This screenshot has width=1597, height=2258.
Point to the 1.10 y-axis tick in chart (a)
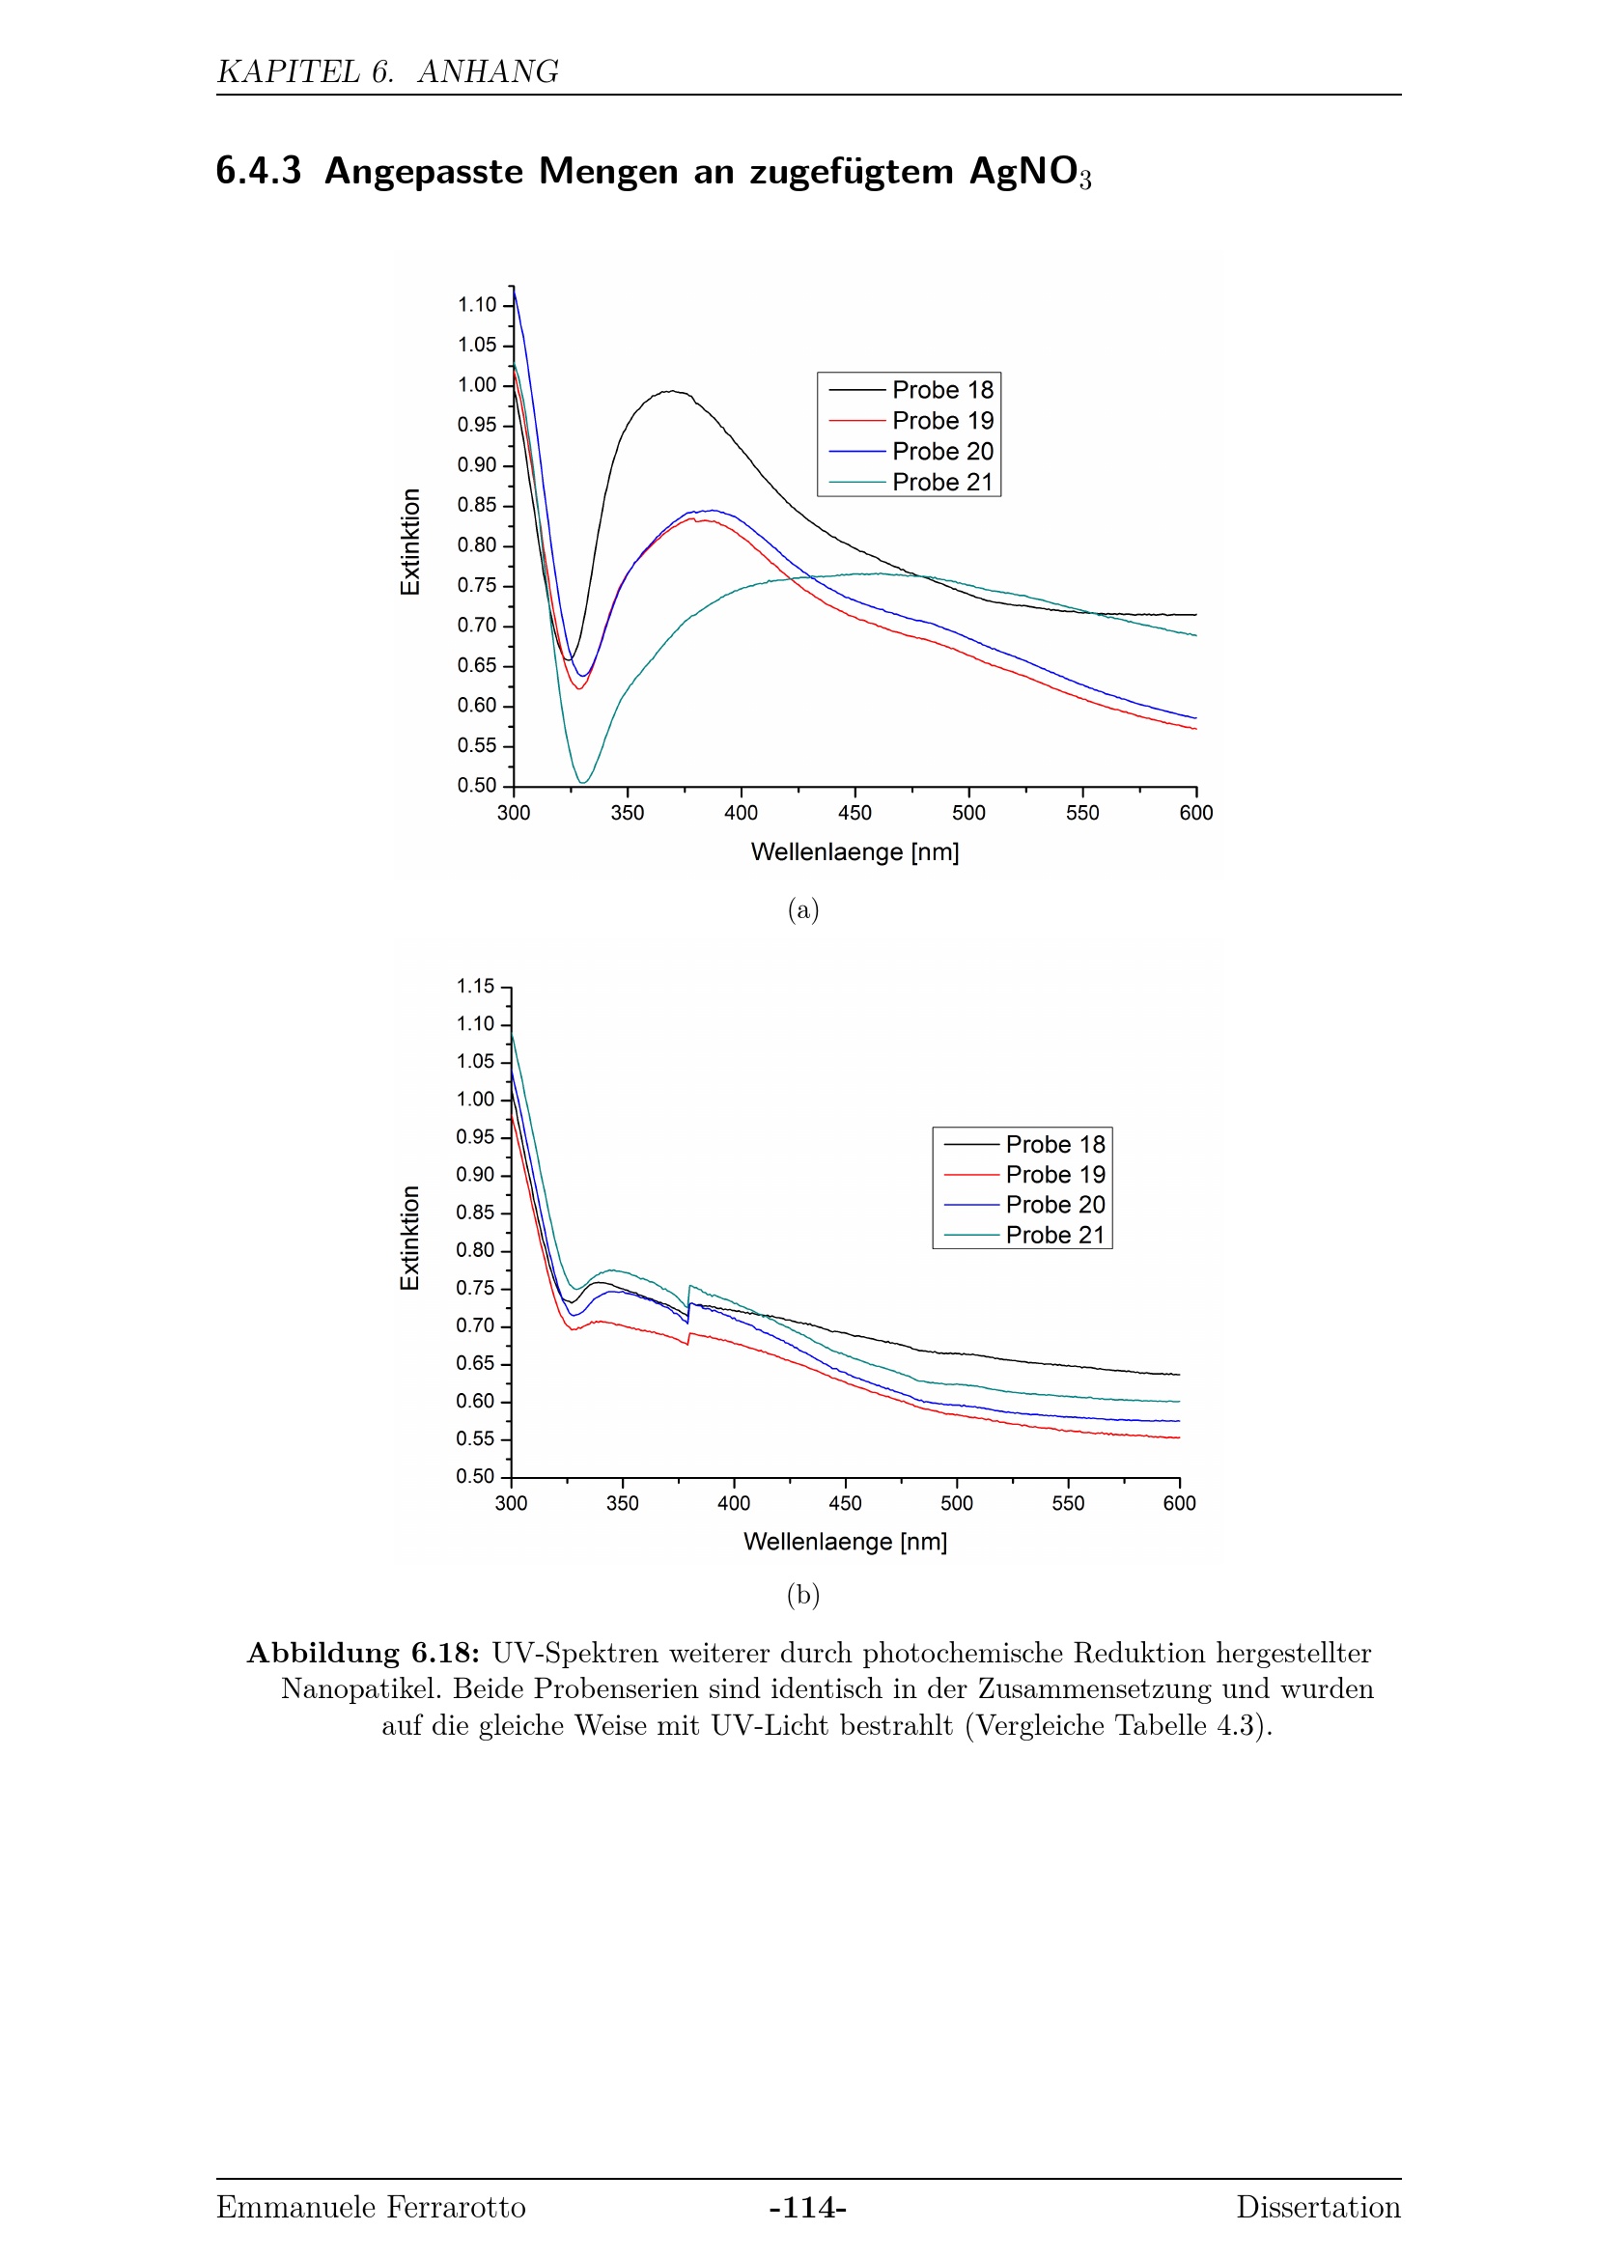(x=477, y=305)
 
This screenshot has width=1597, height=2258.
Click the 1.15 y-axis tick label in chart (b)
(x=475, y=987)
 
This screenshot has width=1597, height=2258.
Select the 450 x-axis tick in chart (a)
(x=855, y=812)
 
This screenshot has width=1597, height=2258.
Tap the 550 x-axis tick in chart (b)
(x=1068, y=1503)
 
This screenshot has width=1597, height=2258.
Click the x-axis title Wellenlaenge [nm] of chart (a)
(x=855, y=851)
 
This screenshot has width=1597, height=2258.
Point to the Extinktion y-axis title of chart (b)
(x=410, y=1238)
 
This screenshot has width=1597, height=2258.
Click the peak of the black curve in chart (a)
(x=671, y=391)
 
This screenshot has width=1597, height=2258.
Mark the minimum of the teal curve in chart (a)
(x=583, y=783)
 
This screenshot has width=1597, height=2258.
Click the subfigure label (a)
(x=802, y=909)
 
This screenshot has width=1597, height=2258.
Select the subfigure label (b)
(x=802, y=1594)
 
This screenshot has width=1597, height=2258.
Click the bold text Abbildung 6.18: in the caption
(x=363, y=1653)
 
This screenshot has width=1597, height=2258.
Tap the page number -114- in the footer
(x=807, y=2208)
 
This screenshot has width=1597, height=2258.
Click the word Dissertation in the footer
(x=1318, y=2208)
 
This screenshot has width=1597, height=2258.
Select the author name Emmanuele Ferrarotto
(x=371, y=2208)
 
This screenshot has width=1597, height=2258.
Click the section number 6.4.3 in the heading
(x=259, y=171)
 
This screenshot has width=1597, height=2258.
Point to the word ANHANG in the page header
(x=488, y=71)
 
